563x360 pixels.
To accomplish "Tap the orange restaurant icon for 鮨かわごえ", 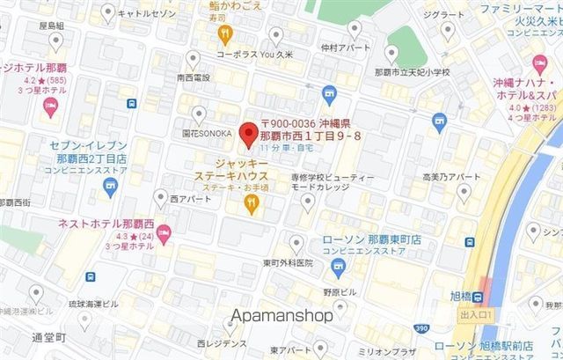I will click(225, 35).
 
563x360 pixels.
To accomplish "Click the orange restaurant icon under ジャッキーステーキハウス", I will click(252, 204).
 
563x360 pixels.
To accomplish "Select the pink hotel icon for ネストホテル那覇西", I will click(166, 231).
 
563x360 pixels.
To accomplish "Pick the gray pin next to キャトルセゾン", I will click(107, 11).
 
